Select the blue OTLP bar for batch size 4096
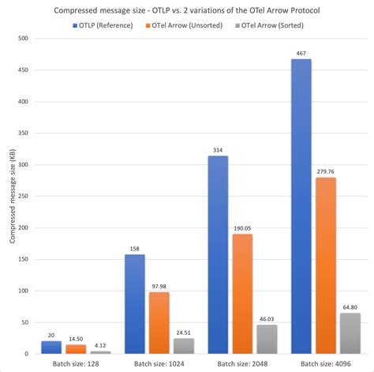301,205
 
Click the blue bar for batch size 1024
135,304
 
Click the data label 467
301,52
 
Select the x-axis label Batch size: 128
76,364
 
